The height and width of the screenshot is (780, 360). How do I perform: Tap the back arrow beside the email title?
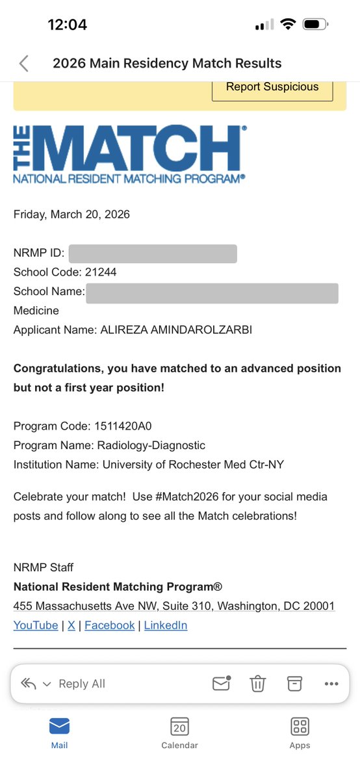[x=24, y=63]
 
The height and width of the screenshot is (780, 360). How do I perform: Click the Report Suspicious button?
[x=272, y=87]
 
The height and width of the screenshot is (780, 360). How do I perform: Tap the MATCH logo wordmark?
[x=129, y=153]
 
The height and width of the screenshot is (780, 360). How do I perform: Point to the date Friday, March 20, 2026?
[x=71, y=214]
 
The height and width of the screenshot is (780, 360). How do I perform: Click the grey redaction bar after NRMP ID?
[x=153, y=253]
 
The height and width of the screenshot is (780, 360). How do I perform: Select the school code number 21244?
[x=101, y=272]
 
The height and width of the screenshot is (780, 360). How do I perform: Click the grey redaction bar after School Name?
[x=212, y=292]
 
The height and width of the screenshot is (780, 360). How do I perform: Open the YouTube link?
[x=36, y=625]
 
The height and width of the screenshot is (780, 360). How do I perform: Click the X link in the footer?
[x=71, y=625]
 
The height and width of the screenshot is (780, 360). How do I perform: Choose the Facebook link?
[x=109, y=625]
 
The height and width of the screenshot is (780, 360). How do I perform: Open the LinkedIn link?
[x=166, y=625]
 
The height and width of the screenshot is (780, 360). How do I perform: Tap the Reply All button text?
[x=81, y=684]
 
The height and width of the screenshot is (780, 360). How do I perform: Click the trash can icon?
[x=258, y=684]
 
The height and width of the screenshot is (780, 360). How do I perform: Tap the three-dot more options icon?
[x=331, y=684]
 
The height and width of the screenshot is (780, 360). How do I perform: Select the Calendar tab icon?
[x=179, y=726]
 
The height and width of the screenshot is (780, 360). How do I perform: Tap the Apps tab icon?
[x=300, y=726]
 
